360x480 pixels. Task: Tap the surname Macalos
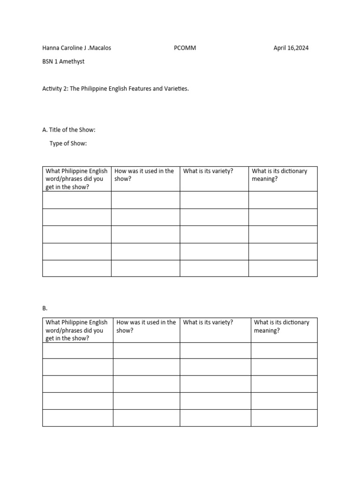tap(100, 48)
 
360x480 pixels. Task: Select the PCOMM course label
tap(183, 48)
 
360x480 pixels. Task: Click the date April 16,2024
tap(291, 48)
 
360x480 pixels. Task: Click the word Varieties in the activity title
tap(175, 88)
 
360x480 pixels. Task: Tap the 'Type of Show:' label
tap(68, 143)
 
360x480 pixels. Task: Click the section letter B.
tap(45, 308)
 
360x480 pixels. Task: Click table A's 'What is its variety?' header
tap(208, 171)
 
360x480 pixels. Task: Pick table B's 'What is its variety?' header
tap(208, 322)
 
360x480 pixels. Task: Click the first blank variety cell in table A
tap(214, 200)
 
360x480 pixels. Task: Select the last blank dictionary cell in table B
tap(284, 418)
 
